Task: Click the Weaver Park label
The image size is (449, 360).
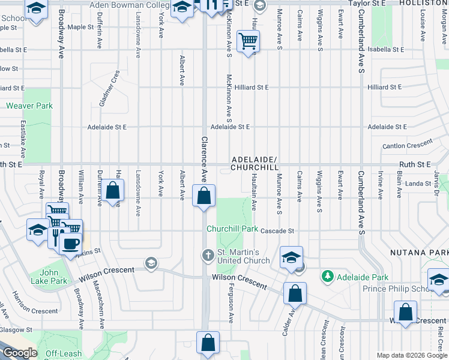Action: [x=29, y=106]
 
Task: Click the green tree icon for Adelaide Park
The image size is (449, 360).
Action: [x=328, y=277]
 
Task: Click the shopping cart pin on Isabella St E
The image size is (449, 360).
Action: [x=248, y=41]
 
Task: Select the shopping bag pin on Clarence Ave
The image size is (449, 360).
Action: [x=204, y=196]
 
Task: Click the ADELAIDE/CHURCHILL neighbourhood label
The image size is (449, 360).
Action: [x=255, y=164]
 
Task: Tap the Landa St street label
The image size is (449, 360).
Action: [x=418, y=184]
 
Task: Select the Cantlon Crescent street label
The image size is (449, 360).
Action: [x=408, y=145]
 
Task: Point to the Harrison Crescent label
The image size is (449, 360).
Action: [x=34, y=311]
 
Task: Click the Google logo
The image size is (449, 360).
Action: [x=19, y=353]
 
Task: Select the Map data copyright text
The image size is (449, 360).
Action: [x=411, y=355]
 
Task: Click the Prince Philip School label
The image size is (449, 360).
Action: [x=397, y=289]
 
